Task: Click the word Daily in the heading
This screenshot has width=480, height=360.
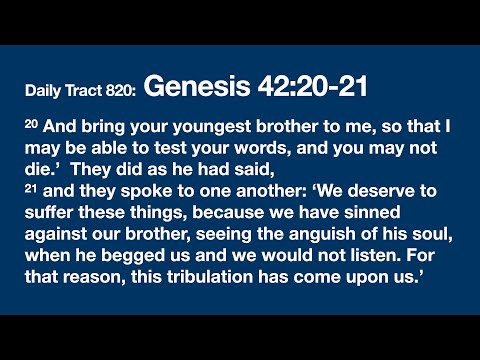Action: (46, 92)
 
